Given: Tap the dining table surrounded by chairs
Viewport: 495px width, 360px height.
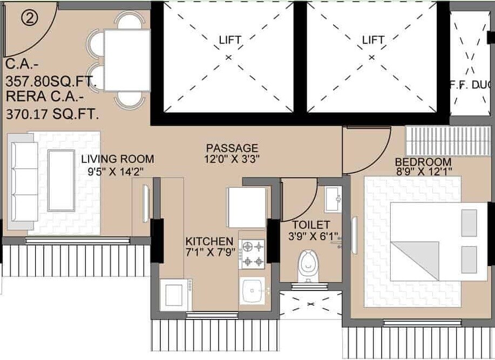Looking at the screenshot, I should [126, 59].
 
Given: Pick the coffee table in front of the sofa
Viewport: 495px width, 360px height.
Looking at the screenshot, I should [61, 181].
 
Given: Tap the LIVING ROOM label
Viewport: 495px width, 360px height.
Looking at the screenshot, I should [117, 159].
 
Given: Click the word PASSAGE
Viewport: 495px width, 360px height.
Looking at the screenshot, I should [233, 147].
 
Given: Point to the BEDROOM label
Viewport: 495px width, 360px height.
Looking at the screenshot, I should [423, 162].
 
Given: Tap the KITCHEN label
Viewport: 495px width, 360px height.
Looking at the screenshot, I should [209, 241].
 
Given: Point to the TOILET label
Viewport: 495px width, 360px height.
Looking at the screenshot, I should [311, 225].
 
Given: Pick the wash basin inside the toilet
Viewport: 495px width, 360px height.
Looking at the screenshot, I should [332, 199].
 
